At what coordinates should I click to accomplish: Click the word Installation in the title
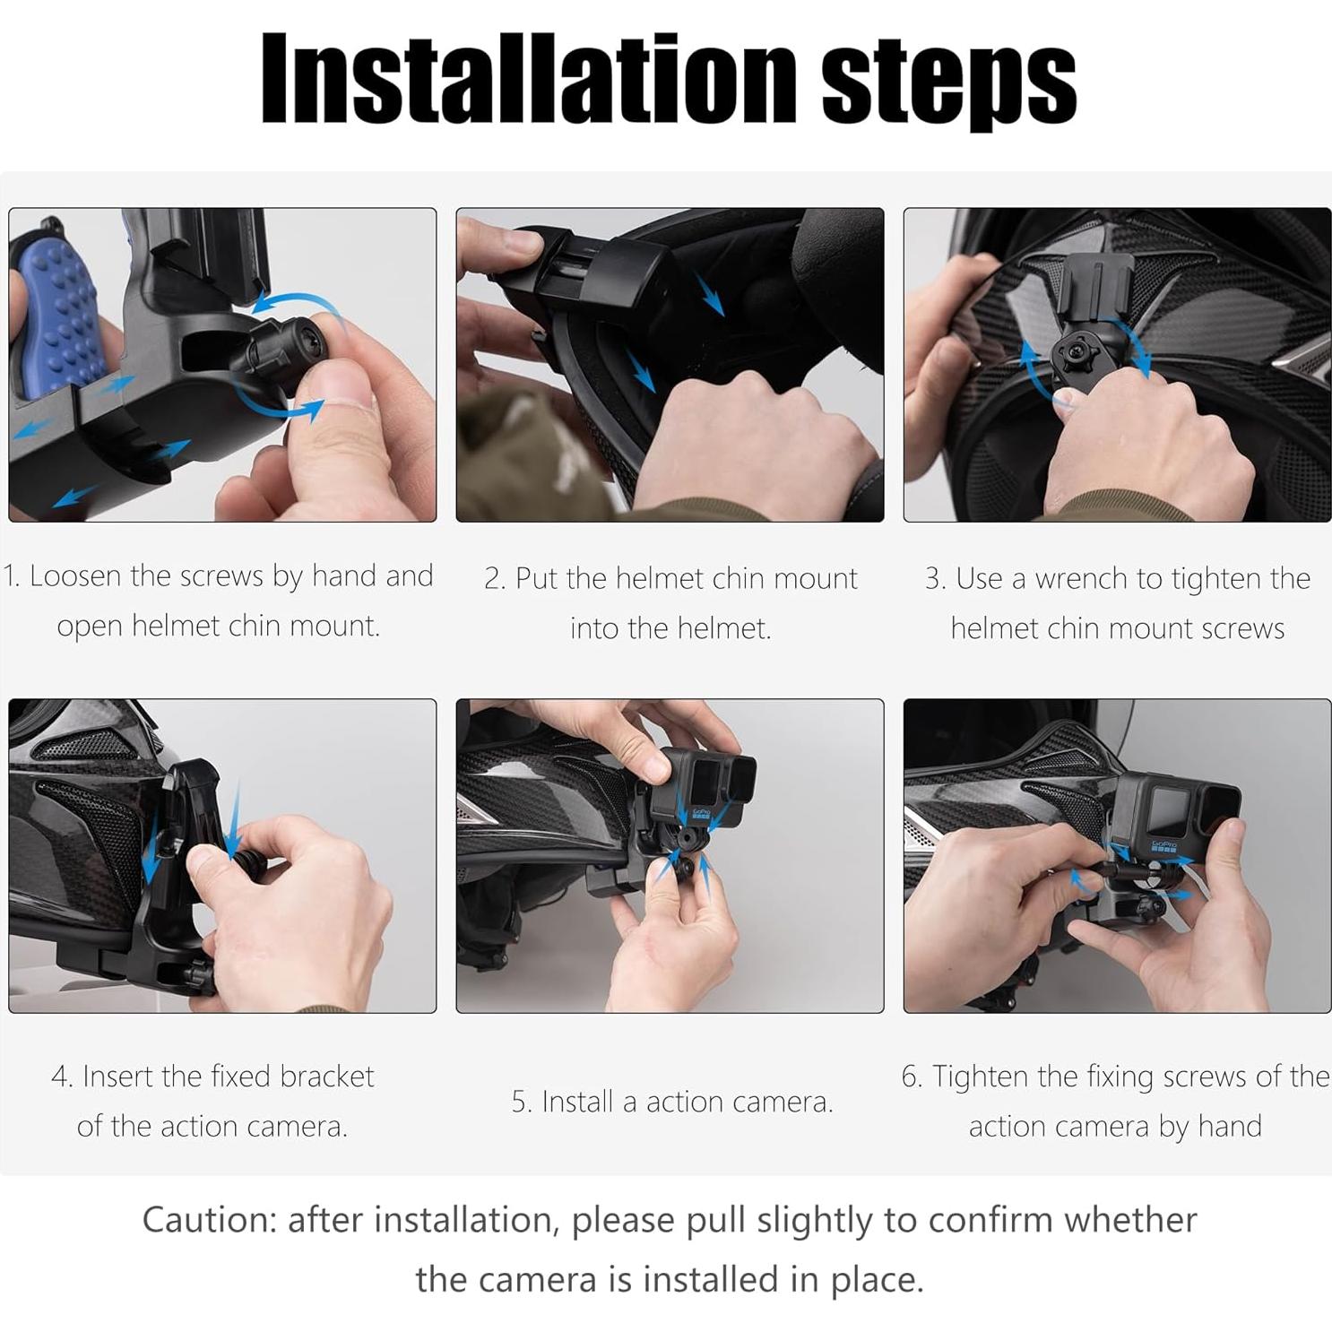pos(529,78)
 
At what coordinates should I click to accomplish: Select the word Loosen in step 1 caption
pos(75,575)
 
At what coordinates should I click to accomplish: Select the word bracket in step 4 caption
pos(327,1076)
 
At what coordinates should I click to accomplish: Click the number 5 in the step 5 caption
pos(519,1102)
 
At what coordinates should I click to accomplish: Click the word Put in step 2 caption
pos(536,579)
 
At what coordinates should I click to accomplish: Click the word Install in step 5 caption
pos(580,1102)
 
